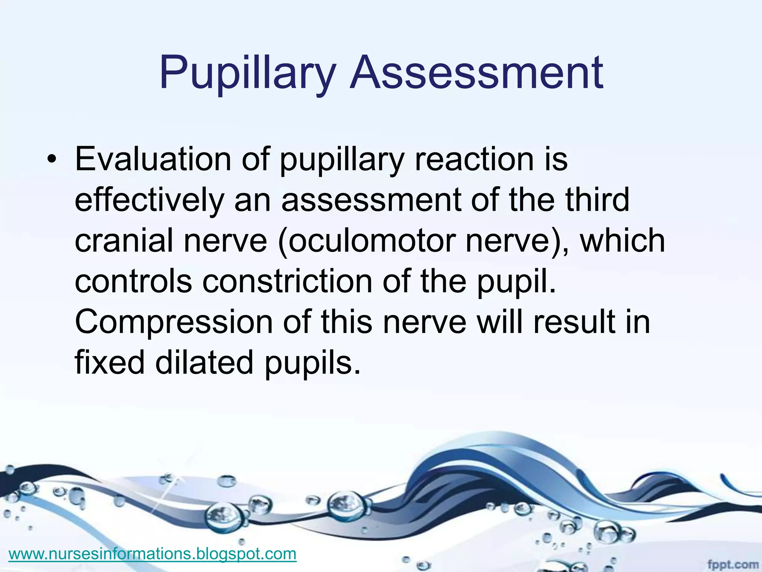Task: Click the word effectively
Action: coord(149,200)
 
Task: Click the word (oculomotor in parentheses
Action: coord(366,241)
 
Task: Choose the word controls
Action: coord(134,281)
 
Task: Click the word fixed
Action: coord(110,362)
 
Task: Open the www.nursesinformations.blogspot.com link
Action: coord(152,554)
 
